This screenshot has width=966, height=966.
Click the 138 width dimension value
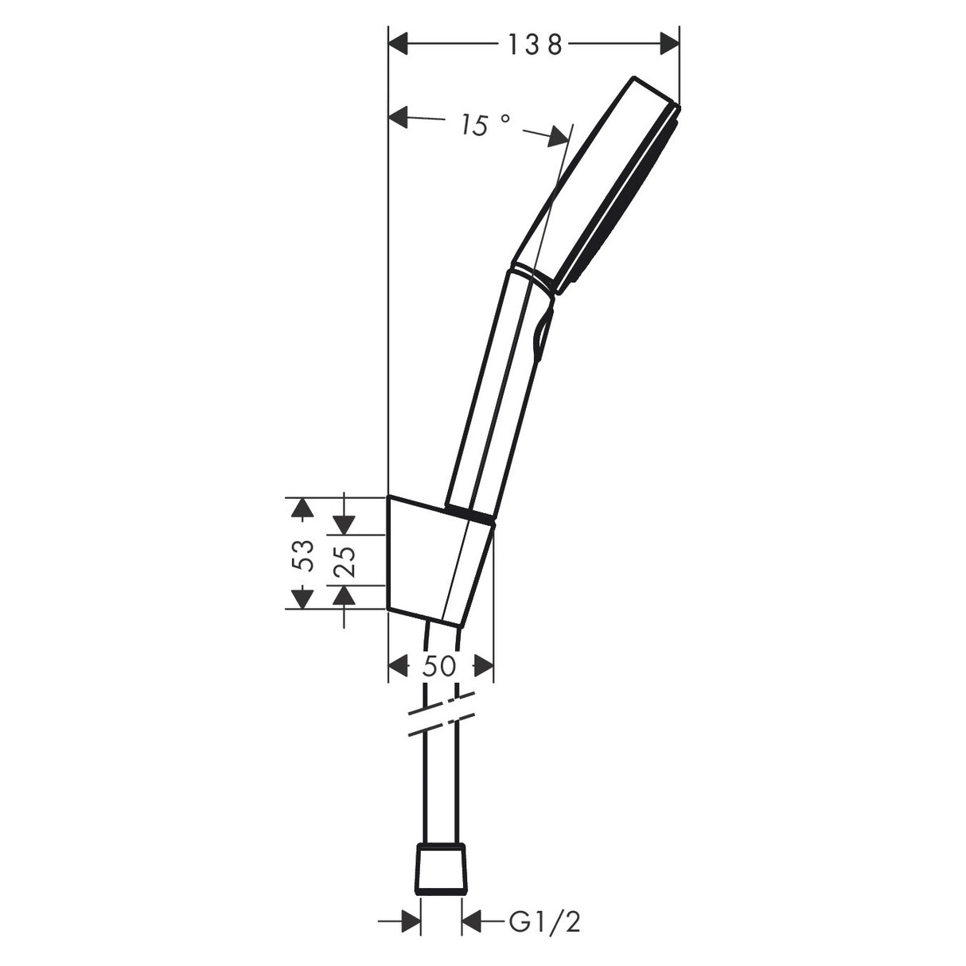click(x=535, y=45)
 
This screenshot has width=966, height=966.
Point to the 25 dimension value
click(x=345, y=561)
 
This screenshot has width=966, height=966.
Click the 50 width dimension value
click(x=438, y=665)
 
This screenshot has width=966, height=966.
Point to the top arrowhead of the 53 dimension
click(x=300, y=507)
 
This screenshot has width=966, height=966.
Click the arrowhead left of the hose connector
click(x=410, y=923)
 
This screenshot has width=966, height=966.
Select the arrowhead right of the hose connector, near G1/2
click(x=473, y=923)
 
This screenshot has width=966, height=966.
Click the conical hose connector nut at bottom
click(x=441, y=867)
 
